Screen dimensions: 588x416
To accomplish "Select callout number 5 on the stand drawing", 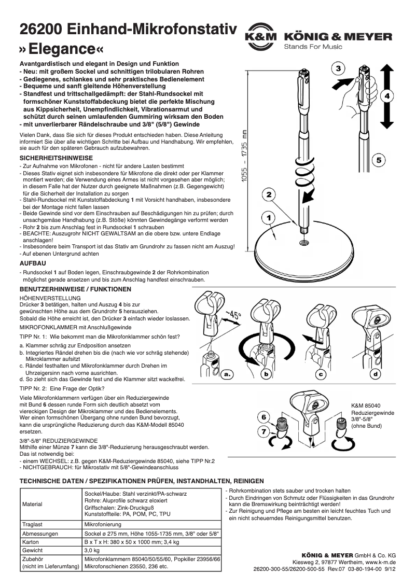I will point(378,160).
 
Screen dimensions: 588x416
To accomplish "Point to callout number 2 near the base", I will point(269,195).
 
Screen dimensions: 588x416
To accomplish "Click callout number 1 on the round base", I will point(269,218).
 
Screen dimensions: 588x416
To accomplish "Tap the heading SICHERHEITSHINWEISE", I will point(56,157).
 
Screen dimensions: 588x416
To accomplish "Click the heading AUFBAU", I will point(33,263).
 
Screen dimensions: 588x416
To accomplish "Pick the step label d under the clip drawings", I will point(376,373).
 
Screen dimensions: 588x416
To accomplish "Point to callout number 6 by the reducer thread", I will point(264,417).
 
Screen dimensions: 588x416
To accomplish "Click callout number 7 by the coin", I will point(264,431).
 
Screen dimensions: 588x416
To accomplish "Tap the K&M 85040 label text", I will point(366,405).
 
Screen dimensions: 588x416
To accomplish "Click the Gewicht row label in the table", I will point(33,550).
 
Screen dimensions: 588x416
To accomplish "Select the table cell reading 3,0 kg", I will point(92,550).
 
